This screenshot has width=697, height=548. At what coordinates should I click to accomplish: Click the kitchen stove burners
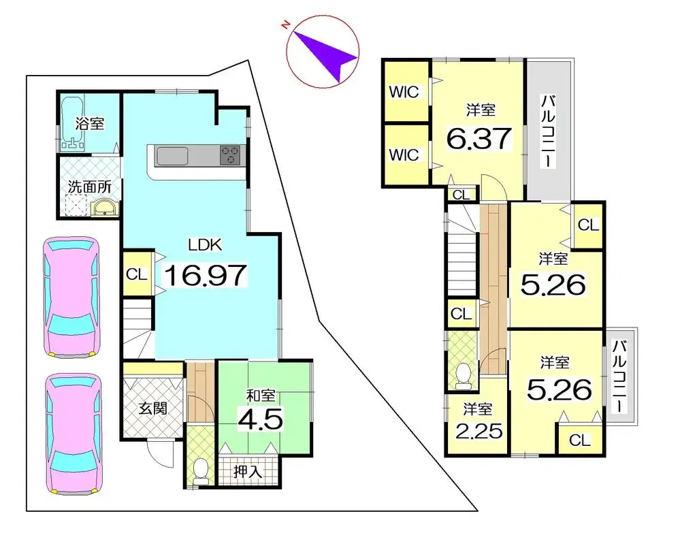[x=231, y=156]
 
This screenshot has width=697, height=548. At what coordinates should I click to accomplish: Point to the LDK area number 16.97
[x=205, y=275]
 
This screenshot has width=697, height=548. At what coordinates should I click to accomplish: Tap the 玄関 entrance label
[x=152, y=408]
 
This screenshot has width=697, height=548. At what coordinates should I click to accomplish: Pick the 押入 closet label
[x=249, y=470]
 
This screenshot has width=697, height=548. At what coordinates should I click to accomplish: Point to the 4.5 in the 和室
[x=260, y=417]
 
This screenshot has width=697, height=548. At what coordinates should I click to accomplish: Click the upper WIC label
[x=404, y=91]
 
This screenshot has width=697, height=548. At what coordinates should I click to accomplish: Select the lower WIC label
[x=404, y=155]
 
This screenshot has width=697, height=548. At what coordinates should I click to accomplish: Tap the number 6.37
[x=479, y=139]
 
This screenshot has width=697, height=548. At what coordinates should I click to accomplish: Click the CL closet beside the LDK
[x=137, y=274]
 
